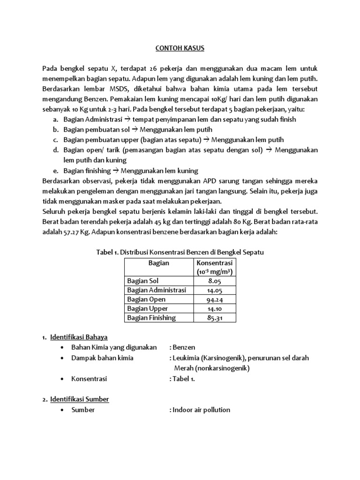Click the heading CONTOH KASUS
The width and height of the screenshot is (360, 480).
pos(180,48)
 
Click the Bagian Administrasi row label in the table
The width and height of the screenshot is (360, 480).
pos(157,290)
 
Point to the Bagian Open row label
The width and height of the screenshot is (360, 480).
pos(146,300)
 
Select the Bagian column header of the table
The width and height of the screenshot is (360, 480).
pos(158,263)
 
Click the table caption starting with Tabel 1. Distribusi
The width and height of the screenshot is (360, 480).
pos(180,252)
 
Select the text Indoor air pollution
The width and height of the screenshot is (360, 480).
pos(201,410)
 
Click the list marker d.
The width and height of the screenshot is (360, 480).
pos(55,150)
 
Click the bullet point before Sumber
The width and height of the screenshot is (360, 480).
pos(62,410)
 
